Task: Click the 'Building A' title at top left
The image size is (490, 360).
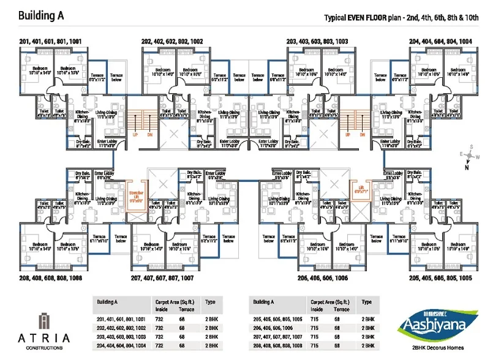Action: [x=44, y=15]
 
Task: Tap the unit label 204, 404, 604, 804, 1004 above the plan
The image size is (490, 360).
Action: [x=440, y=41]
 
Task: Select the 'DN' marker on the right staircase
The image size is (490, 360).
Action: [x=363, y=136]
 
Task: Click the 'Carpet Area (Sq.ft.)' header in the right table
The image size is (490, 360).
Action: [x=330, y=302]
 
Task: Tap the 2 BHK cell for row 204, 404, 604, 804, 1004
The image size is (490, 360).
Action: [x=211, y=346]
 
